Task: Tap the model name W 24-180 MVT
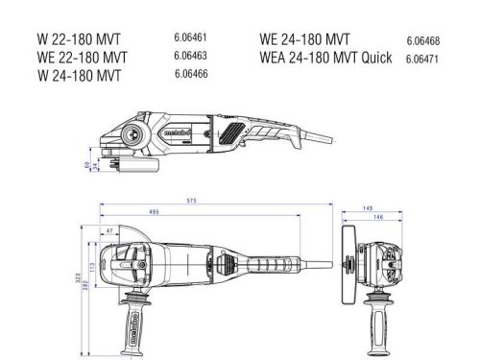[81, 74]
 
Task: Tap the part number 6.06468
[422, 40]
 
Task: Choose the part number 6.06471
[422, 58]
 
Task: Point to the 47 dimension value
[110, 230]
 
